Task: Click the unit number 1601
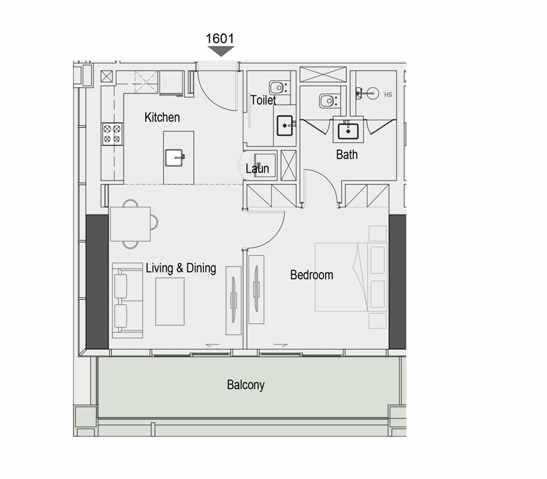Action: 220,39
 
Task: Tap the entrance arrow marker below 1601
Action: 221,51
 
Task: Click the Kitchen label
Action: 162,117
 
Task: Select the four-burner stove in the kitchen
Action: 112,134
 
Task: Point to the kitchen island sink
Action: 175,158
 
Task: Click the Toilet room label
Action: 263,100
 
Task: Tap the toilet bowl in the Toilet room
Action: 278,87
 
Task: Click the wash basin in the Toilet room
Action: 285,125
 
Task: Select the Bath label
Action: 346,154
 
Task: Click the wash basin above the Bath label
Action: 348,131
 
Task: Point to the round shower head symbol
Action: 373,93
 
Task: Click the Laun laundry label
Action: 257,169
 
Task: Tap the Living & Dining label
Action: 181,268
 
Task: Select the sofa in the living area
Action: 127,300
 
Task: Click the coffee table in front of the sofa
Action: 170,301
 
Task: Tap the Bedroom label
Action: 312,275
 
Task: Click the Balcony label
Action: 246,385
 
